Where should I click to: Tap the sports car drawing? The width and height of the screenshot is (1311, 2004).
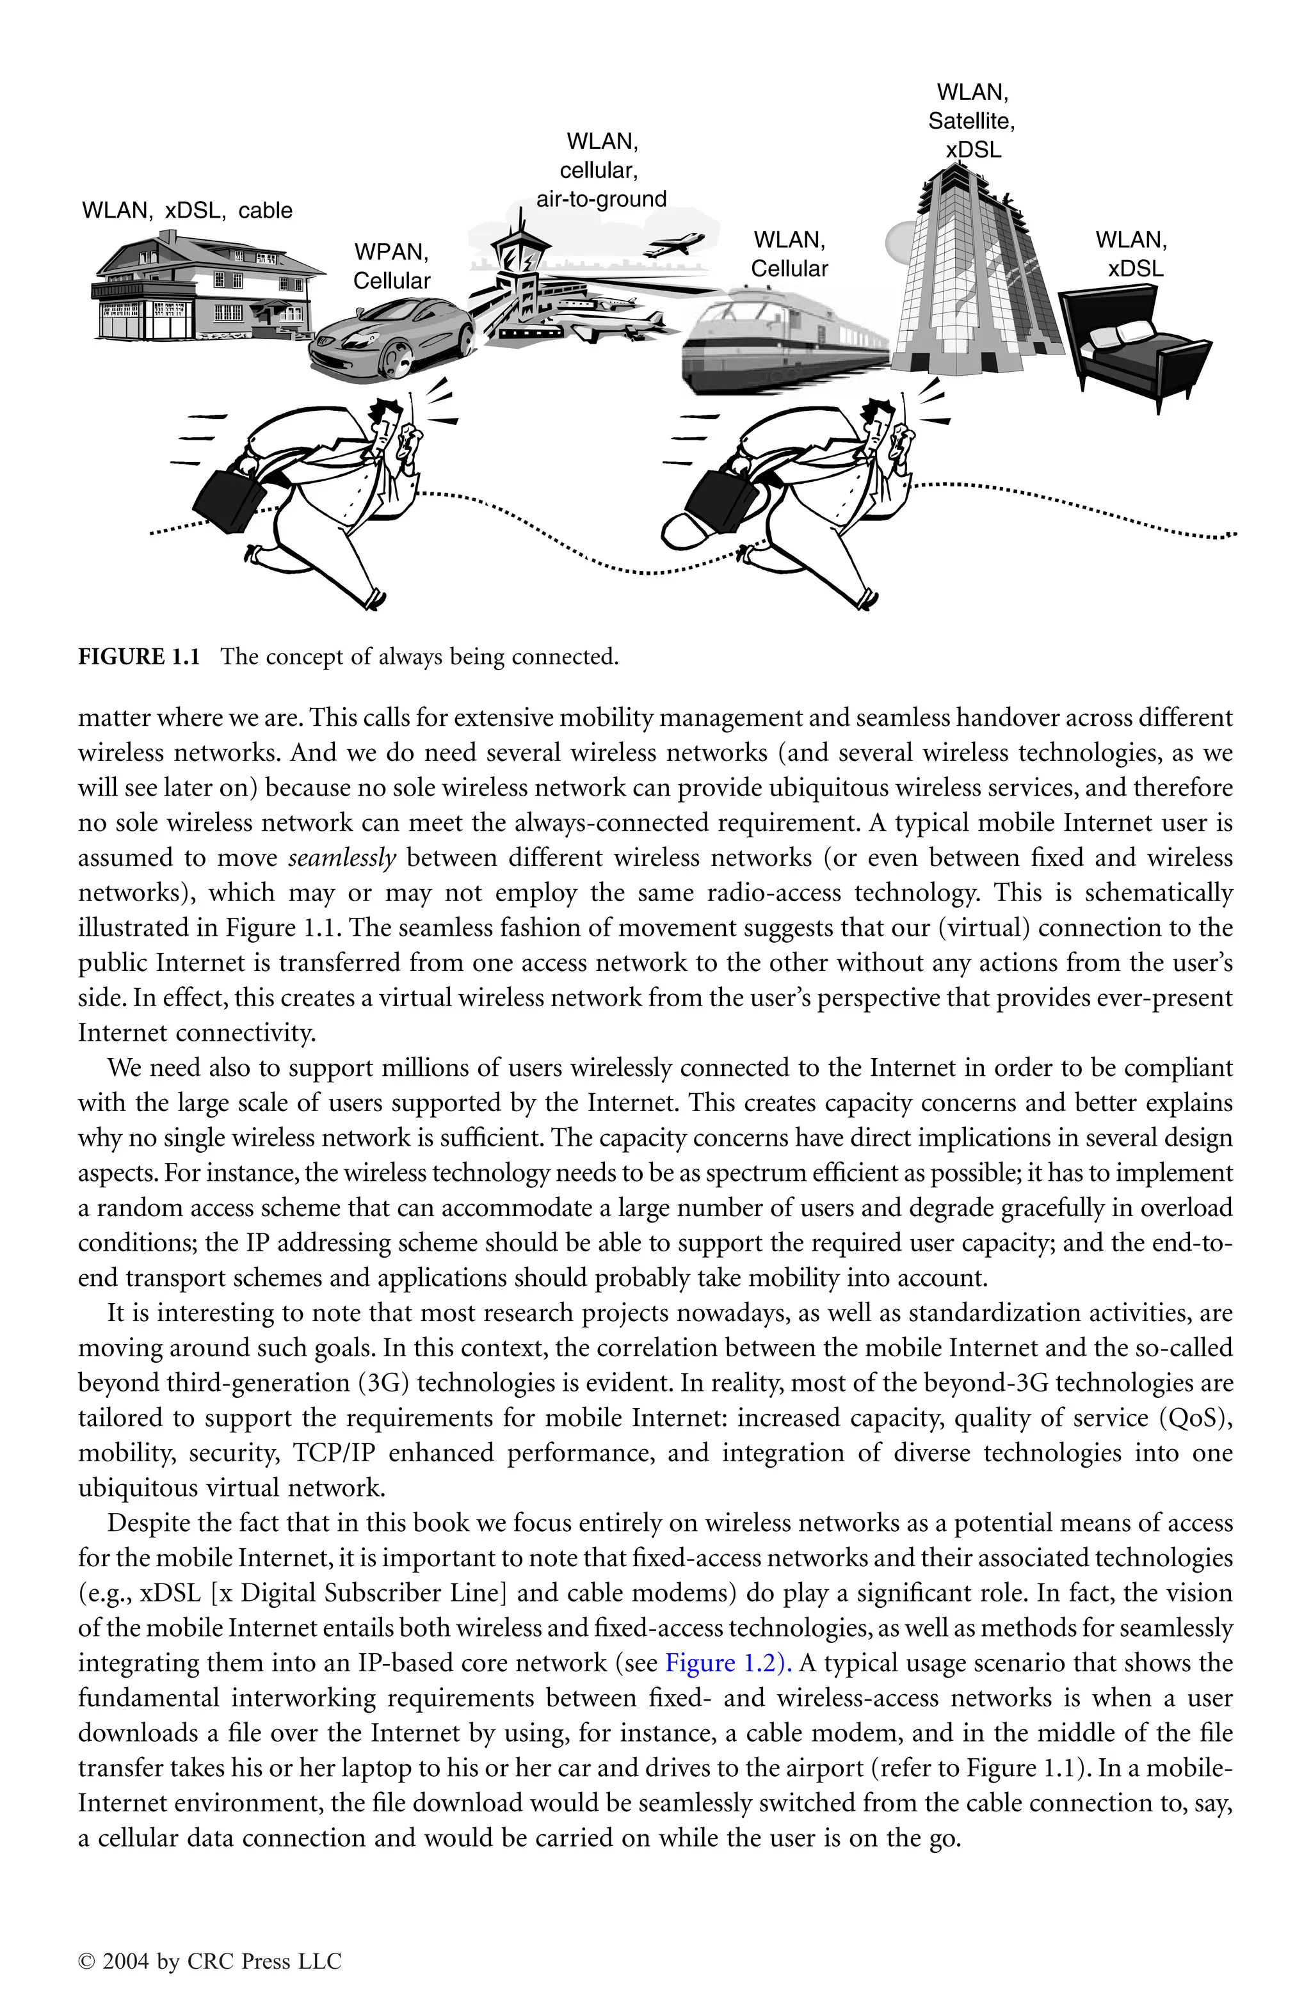click(392, 337)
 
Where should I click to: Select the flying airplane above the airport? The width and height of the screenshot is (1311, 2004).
click(673, 244)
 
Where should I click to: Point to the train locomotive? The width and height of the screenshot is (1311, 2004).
click(741, 341)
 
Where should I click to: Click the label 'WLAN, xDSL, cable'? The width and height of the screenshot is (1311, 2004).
click(187, 211)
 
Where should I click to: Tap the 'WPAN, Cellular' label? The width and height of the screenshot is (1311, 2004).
click(392, 266)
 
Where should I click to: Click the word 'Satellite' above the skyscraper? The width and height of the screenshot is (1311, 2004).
click(972, 121)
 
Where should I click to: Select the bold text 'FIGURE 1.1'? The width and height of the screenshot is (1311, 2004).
click(139, 657)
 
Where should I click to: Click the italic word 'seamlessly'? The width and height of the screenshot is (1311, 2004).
click(342, 858)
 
